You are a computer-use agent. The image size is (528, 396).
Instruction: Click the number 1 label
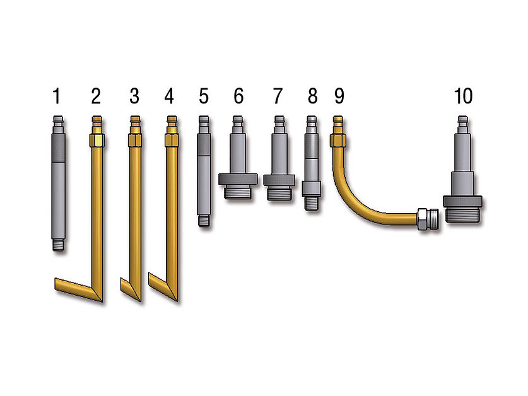(x=57, y=96)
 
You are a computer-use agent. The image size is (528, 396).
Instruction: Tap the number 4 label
(x=169, y=96)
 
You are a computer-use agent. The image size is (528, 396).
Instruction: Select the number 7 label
(x=278, y=96)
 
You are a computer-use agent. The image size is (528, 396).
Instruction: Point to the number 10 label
(x=464, y=96)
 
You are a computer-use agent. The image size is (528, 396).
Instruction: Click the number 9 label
(x=339, y=96)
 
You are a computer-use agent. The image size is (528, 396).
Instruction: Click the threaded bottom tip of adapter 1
(x=59, y=245)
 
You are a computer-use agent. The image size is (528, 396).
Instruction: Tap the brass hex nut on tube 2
(x=97, y=140)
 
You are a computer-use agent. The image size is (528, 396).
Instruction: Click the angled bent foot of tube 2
(x=78, y=289)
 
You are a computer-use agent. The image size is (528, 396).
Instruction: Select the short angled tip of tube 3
(x=131, y=289)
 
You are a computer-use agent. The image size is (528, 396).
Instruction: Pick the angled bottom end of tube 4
(x=163, y=288)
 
